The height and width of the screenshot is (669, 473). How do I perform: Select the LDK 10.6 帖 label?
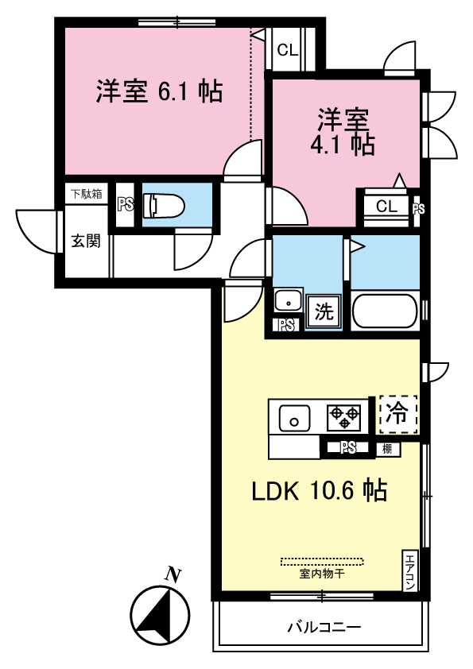[320, 491]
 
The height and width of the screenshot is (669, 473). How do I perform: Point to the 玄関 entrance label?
[86, 241]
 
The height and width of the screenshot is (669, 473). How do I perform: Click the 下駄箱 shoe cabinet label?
[85, 193]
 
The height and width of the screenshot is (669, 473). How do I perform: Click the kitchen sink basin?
[294, 416]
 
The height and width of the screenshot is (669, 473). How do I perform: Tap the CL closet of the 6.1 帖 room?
[287, 50]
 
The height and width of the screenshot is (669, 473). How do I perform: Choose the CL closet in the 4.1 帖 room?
[386, 207]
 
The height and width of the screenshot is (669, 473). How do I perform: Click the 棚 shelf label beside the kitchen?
[386, 449]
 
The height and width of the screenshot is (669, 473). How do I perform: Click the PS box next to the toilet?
[126, 205]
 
